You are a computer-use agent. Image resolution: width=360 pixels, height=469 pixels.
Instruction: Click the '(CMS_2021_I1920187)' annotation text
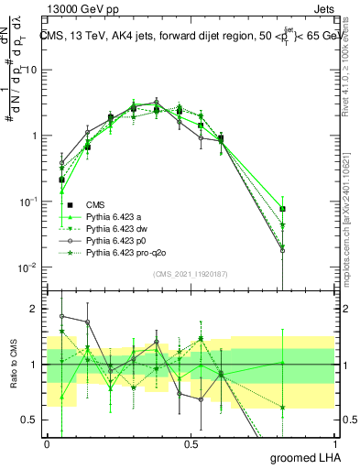[x=191, y=273]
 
